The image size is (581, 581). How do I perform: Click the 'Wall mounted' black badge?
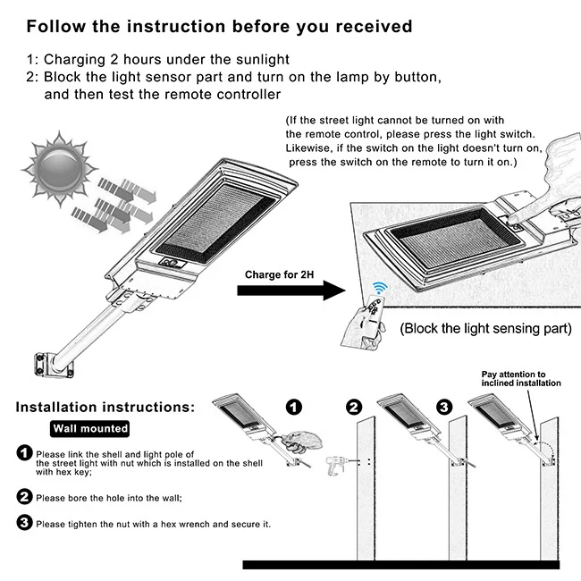89,429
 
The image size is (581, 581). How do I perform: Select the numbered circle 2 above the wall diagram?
354,407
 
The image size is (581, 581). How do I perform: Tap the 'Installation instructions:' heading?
105,407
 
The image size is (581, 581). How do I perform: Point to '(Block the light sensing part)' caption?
485,328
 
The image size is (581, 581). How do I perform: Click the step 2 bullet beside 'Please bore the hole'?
25,496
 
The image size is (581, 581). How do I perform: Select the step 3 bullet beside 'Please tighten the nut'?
25,523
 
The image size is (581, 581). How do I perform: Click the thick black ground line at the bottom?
401,565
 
